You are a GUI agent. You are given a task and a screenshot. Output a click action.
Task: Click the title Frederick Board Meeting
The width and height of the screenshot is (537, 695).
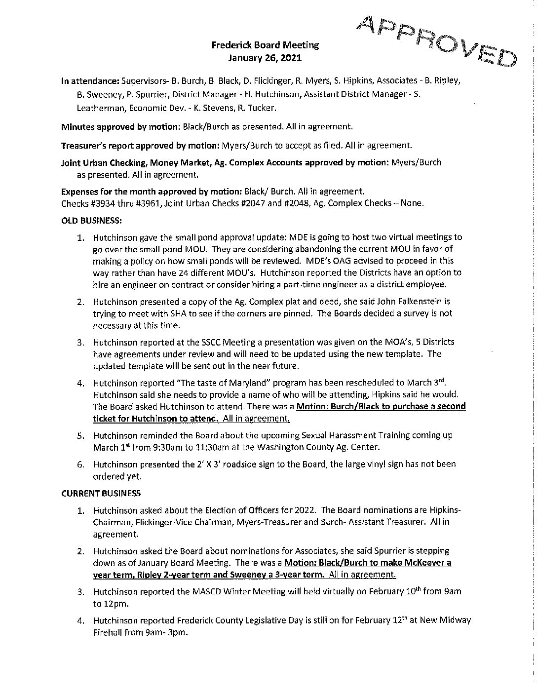point(265,45)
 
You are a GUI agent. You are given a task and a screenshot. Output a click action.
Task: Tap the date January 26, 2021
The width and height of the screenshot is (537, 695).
point(265,58)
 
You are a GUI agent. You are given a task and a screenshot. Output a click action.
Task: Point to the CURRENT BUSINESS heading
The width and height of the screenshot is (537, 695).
point(101,493)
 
